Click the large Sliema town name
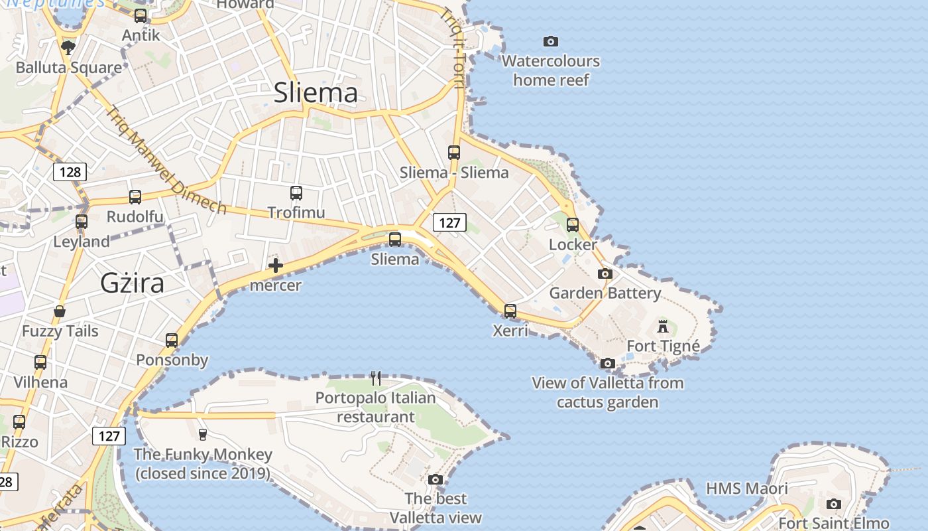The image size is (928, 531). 316,92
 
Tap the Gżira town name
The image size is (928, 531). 132,283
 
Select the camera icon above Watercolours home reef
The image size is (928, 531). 550,42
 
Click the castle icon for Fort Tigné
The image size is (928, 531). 662,326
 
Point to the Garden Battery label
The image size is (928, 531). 605,293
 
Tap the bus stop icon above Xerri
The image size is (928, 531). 510,311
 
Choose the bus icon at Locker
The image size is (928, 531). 573,225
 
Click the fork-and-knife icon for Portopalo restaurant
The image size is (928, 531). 376,378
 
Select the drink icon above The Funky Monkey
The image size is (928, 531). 203,434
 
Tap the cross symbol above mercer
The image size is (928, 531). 276,266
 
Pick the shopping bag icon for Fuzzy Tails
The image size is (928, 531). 60,311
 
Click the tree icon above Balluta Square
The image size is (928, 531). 68,47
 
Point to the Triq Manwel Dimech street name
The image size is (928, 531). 166,161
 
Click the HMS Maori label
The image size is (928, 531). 746,489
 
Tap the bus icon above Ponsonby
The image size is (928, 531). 172,341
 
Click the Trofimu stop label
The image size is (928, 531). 296,212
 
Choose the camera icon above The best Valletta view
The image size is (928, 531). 435,479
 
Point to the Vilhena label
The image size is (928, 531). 40,382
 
